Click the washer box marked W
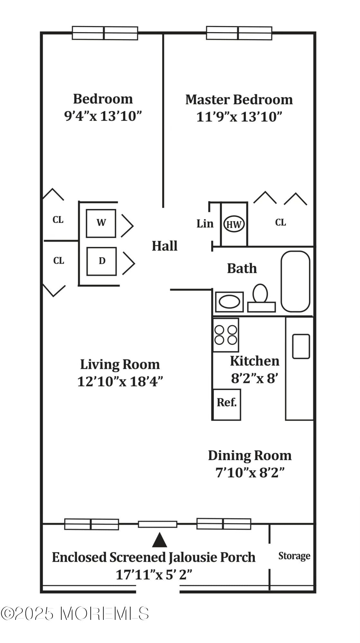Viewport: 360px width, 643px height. click(101, 223)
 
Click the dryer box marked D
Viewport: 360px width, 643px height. click(101, 261)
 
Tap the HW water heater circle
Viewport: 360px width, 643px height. click(234, 224)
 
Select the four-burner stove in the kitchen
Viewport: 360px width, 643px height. click(226, 335)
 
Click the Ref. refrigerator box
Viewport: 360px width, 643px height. click(226, 404)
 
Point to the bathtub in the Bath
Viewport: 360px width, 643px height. click(295, 281)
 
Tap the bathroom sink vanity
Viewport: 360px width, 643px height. click(229, 302)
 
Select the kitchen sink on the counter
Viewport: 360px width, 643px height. click(301, 346)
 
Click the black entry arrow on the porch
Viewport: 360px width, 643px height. click(159, 540)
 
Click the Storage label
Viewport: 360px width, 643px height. click(294, 556)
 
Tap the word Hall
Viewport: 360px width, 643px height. click(164, 246)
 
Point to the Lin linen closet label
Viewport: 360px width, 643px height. click(205, 223)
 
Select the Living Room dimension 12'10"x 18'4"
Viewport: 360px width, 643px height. click(120, 382)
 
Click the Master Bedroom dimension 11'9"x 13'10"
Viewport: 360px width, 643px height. click(239, 117)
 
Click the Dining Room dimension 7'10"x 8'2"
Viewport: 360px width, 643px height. click(250, 473)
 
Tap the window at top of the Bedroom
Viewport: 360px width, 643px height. click(105, 33)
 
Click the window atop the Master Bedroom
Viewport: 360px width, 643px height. click(239, 33)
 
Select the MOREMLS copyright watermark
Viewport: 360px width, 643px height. click(75, 613)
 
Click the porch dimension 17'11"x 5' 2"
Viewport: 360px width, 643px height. click(154, 575)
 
